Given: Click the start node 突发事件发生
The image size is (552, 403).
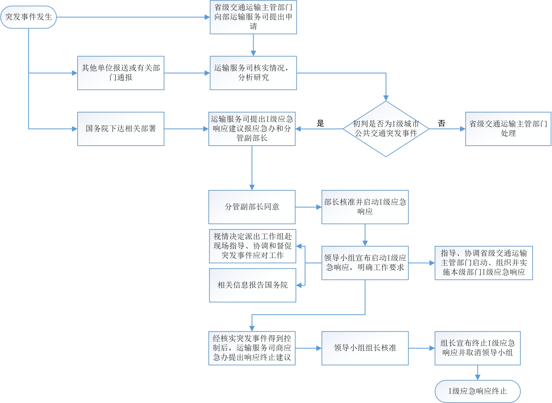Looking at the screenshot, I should click(29, 17).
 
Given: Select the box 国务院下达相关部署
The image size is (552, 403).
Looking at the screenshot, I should click(120, 129).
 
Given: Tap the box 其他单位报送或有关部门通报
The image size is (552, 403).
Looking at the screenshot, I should click(120, 73).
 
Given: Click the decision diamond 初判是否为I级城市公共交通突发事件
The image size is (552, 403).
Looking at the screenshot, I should click(386, 129).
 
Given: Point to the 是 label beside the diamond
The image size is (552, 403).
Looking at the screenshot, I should click(321, 123).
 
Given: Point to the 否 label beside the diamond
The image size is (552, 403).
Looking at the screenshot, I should click(442, 123).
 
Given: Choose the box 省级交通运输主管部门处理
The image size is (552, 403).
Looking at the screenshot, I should click(508, 129).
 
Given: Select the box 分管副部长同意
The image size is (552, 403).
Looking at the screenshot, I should click(252, 207).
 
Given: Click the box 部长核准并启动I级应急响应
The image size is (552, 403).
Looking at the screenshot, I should click(365, 207).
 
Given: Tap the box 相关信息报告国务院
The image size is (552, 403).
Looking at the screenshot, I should click(252, 285).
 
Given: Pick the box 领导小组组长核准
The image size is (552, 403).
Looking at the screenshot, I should click(365, 348).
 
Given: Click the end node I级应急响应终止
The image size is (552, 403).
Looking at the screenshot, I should click(478, 391).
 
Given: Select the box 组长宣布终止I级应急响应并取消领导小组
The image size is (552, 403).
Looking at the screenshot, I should click(477, 348).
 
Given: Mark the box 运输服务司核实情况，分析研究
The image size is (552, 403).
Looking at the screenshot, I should click(253, 73).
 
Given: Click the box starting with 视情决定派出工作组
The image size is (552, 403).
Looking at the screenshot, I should click(252, 246).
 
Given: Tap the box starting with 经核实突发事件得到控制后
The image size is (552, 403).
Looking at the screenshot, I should click(252, 348).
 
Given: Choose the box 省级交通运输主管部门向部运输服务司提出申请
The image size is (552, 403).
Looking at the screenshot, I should click(253, 17).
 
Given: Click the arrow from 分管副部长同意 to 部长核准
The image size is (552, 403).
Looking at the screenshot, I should click(308, 207).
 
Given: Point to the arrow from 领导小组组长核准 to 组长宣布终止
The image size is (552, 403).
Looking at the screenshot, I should click(422, 348).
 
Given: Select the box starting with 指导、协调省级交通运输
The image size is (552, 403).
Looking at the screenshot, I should click(483, 263).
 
